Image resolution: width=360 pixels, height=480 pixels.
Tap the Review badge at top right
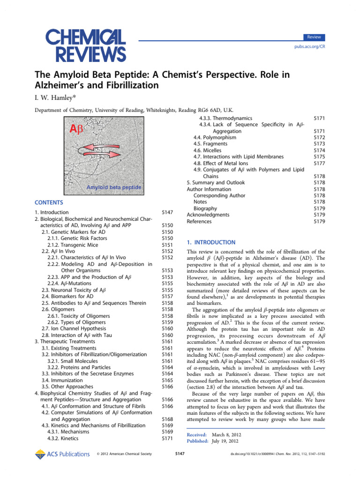click(x=314, y=37)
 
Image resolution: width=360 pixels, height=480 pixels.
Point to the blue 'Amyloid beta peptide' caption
click(x=114, y=187)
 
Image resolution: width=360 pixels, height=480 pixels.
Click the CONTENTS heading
click(x=49, y=202)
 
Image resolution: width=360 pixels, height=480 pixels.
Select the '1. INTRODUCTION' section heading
click(x=211, y=242)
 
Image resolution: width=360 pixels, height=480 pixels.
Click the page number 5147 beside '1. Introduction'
click(x=167, y=212)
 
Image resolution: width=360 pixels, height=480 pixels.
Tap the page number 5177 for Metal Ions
click(x=319, y=164)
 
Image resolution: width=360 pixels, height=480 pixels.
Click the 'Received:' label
click(x=197, y=435)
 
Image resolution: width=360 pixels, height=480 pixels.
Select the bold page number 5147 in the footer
click(x=180, y=454)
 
